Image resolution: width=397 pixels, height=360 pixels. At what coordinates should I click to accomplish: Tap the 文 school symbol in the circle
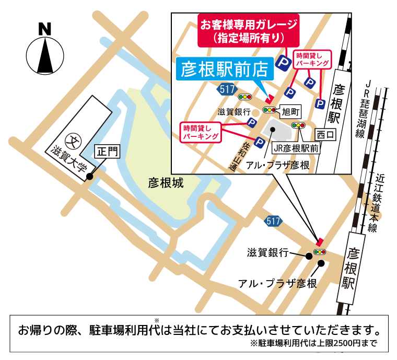coord(72,140)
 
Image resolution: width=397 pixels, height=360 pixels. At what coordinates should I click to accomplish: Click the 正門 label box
coord(107,152)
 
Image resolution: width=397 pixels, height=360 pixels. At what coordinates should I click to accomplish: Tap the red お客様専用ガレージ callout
coord(249,31)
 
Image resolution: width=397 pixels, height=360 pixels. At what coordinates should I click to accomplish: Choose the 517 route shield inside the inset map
coord(227,89)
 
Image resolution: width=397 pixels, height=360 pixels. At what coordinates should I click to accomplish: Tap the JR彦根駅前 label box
coord(296,148)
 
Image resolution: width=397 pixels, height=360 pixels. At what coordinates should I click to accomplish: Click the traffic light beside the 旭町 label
coord(270,110)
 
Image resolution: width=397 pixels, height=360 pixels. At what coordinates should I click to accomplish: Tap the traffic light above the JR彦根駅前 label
coord(298,125)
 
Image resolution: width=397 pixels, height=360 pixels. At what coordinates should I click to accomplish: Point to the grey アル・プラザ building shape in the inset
coord(274,129)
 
